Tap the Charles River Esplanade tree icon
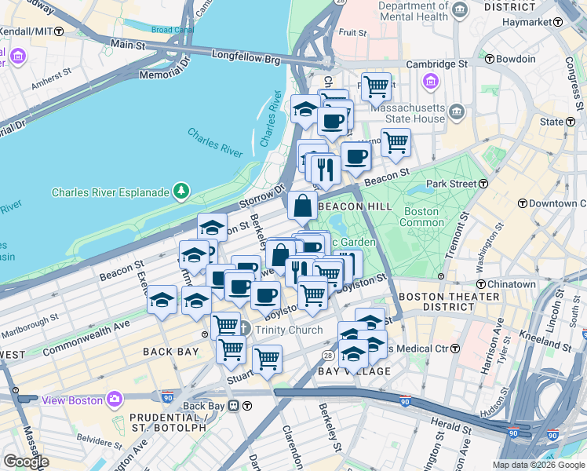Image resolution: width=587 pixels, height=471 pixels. tap(182, 191)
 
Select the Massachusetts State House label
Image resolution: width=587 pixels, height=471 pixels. tap(408, 112)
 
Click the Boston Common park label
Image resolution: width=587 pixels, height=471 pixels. tap(421, 217)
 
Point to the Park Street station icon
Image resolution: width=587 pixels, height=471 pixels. tap(484, 184)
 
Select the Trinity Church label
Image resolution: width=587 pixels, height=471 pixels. tap(288, 330)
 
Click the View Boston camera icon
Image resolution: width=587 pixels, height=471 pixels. tap(115, 400)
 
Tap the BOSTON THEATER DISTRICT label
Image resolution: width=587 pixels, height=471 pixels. tap(449, 302)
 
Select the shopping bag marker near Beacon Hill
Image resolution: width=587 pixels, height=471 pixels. tap(302, 206)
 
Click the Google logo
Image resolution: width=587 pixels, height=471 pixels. tap(26, 462)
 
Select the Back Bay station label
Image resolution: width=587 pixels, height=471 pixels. tap(204, 406)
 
